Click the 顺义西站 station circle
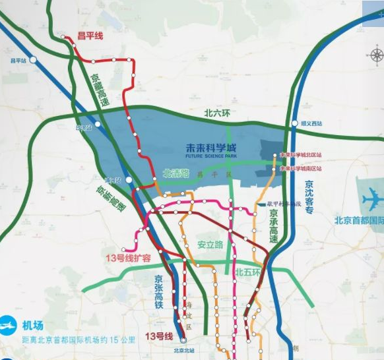point(294,123)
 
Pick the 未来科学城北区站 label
point(301,156)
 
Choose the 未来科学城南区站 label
point(301,168)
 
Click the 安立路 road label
point(210,245)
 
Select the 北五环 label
point(249,271)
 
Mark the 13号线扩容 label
point(128,258)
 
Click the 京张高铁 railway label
point(158,291)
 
